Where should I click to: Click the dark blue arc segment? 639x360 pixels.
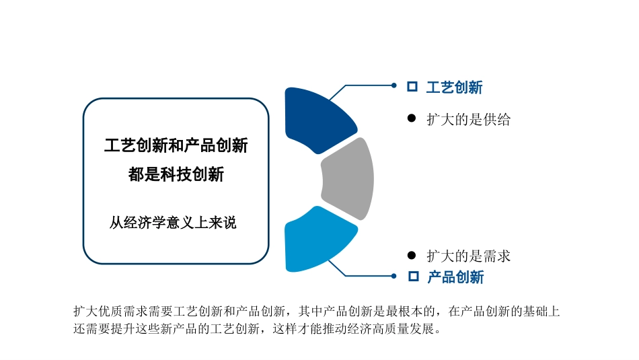[317, 118]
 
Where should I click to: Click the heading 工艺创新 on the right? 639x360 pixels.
[454, 87]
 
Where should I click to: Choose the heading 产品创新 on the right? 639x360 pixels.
[455, 277]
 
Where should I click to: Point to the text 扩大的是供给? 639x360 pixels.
[468, 120]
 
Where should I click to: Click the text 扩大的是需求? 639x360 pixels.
[468, 256]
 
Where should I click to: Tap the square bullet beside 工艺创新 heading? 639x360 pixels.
[412, 87]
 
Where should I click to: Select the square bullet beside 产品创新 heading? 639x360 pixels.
[414, 277]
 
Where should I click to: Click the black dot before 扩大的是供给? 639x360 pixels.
[412, 118]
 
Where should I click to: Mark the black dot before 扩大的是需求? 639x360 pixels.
[412, 255]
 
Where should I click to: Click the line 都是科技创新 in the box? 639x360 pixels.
[176, 175]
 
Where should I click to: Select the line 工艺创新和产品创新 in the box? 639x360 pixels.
[176, 145]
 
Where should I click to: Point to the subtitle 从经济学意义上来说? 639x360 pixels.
[173, 223]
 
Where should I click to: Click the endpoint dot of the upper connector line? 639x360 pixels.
[394, 85]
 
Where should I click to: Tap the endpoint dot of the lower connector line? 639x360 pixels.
[394, 275]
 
